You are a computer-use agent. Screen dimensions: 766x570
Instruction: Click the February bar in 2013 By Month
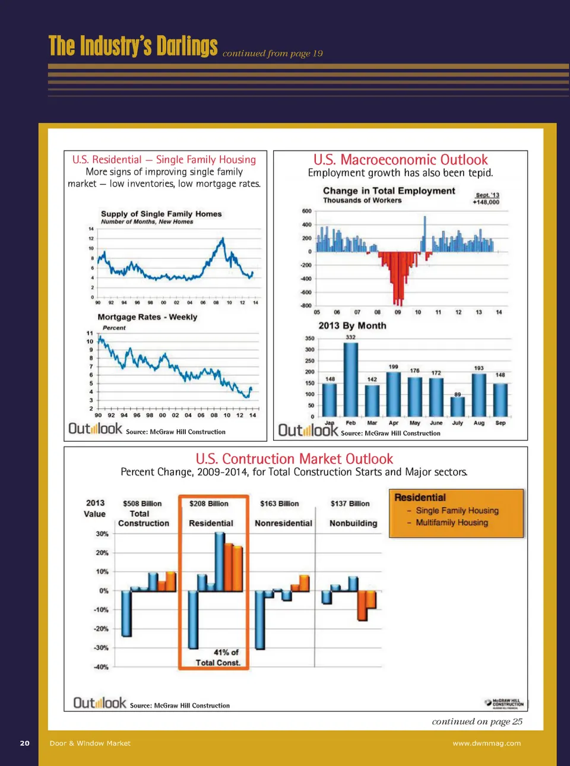click(351, 380)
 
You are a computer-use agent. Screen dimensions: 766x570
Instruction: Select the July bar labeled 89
click(457, 407)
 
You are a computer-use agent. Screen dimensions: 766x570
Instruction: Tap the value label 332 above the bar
click(351, 337)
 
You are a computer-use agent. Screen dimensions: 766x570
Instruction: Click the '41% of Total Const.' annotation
click(218, 657)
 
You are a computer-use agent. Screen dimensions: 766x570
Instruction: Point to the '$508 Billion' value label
click(142, 504)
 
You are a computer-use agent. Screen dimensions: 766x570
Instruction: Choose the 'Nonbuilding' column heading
click(353, 523)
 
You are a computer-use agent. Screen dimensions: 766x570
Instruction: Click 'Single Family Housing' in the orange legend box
click(457, 511)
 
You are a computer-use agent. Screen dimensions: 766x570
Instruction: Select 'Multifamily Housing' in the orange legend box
click(451, 523)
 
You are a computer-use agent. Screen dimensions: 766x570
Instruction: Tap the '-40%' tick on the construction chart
click(101, 667)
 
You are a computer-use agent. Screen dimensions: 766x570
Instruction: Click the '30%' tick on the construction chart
click(102, 534)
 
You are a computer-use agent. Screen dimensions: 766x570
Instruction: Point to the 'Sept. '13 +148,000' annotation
click(486, 198)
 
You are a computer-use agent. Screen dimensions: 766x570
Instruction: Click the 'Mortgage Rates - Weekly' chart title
click(147, 317)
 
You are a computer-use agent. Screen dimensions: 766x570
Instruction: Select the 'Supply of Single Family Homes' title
click(161, 214)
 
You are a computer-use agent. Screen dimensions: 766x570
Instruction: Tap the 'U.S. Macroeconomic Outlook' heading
click(400, 160)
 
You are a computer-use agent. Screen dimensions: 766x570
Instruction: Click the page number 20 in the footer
click(25, 743)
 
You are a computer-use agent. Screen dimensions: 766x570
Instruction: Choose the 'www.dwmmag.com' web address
click(486, 743)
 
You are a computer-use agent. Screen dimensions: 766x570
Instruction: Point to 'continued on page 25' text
click(477, 721)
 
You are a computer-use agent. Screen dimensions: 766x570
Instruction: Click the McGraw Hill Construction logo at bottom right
click(504, 703)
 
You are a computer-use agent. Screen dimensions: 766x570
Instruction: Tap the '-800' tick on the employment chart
click(306, 306)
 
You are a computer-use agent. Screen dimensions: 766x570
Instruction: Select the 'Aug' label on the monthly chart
click(479, 423)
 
